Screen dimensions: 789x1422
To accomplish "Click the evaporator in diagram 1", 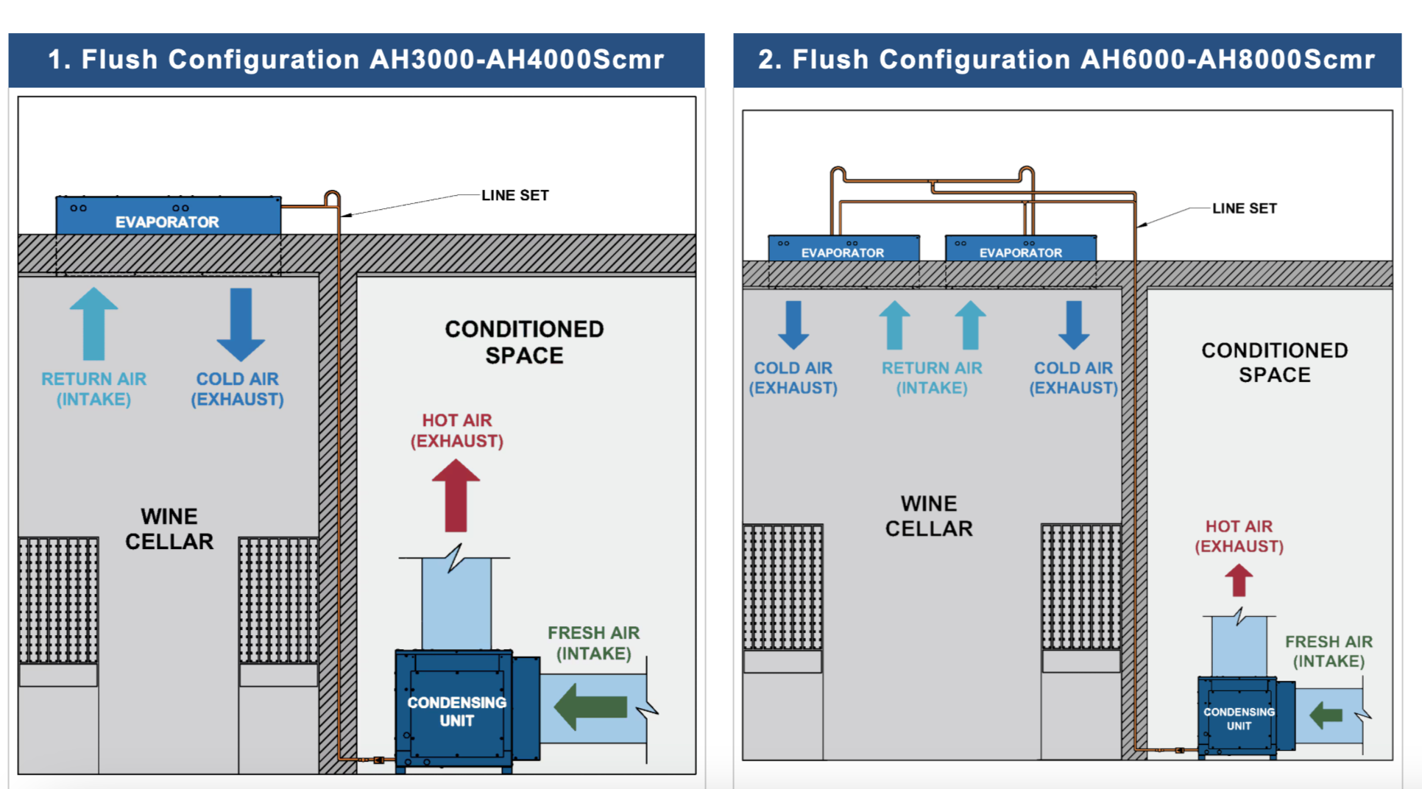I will tap(168, 216).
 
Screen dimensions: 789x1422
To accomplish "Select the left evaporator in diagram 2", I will tap(843, 249).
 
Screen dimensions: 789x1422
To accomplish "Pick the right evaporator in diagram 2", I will tap(1021, 249).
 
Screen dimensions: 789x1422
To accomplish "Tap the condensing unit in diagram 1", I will tap(456, 710).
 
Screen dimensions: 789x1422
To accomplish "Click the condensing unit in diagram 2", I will tap(1239, 718).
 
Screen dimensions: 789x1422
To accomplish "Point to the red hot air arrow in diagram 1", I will tap(456, 496).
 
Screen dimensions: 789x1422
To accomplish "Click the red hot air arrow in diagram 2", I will tap(1239, 580).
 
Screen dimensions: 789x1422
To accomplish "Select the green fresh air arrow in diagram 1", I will tap(590, 707).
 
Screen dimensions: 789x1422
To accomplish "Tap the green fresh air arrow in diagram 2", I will tap(1326, 715).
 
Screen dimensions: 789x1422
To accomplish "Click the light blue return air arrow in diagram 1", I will tap(94, 324).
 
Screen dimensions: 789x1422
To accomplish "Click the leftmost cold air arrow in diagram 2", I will tap(793, 325).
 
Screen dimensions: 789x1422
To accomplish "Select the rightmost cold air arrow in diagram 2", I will tap(1074, 325).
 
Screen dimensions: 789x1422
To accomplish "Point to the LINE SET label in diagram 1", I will tap(515, 196).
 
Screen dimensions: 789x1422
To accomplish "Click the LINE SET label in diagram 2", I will tap(1245, 209).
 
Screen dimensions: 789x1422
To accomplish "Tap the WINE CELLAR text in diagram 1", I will tap(169, 528).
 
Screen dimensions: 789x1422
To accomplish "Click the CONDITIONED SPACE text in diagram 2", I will tap(1275, 362).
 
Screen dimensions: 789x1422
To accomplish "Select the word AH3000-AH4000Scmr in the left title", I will tap(517, 60).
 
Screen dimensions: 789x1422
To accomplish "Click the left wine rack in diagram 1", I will tap(58, 600).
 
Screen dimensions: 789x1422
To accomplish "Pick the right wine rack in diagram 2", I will tap(1080, 587).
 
